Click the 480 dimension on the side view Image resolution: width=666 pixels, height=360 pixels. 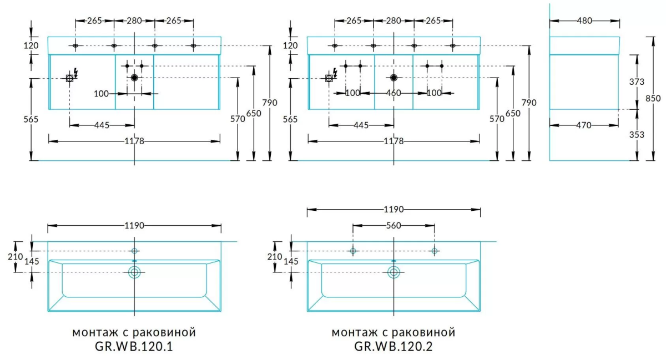coord(584,21)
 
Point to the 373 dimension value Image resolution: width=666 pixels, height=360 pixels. coord(637,82)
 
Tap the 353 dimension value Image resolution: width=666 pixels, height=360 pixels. coord(637,135)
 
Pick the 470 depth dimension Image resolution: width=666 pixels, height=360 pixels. coord(584,125)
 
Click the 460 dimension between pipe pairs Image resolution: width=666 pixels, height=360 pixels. coord(393,93)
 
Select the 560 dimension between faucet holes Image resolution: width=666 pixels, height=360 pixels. coord(393,225)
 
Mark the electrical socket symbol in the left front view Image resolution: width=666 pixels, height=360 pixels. coord(70,78)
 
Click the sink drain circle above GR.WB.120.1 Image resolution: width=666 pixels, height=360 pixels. coord(134,272)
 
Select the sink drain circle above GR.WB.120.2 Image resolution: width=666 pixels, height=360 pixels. coord(393,272)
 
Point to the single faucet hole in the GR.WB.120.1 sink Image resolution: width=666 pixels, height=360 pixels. coord(134,251)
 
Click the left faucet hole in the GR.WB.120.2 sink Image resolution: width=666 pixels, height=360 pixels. coord(352,251)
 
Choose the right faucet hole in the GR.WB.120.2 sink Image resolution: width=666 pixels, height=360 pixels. coord(435,251)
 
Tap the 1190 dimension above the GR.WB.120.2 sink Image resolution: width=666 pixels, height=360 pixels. coord(393,210)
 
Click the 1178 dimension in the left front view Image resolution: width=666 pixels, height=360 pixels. coord(134,141)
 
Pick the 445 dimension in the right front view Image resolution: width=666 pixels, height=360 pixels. coord(361,125)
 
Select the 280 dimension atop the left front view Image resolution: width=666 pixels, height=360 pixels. coord(134,21)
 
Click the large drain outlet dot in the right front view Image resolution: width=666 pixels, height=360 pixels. coord(393,78)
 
